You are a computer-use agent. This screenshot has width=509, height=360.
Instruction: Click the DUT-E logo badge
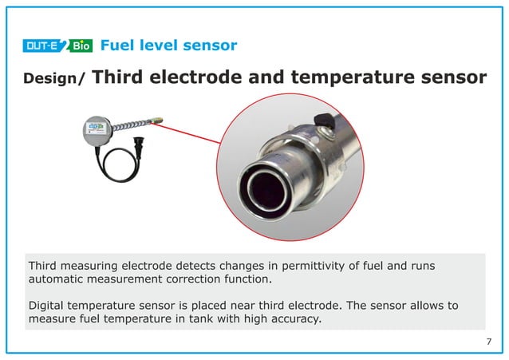point(45,45)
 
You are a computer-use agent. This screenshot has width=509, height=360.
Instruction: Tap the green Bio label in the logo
point(81,45)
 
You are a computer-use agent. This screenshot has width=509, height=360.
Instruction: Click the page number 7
point(488,342)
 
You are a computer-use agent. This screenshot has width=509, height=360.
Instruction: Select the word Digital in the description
point(46,306)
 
